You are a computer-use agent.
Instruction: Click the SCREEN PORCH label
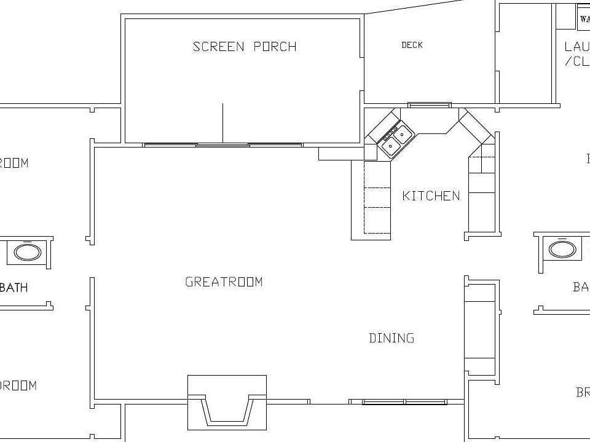click(x=245, y=47)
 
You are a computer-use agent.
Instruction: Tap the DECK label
click(x=412, y=45)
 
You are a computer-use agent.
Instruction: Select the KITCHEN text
click(x=431, y=196)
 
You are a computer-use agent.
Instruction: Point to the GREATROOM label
click(x=224, y=282)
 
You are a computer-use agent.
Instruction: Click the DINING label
click(x=391, y=338)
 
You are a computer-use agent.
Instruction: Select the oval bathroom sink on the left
click(x=28, y=252)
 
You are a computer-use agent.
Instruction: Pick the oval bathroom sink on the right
click(x=562, y=249)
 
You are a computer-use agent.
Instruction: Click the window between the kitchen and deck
click(x=430, y=105)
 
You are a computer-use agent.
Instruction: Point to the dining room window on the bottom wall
click(x=404, y=402)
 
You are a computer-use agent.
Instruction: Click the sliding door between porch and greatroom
click(x=222, y=145)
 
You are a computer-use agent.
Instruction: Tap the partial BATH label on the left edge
click(x=14, y=288)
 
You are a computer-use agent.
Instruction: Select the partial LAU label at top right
click(x=576, y=47)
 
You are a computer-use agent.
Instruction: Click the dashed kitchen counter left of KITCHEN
click(x=377, y=198)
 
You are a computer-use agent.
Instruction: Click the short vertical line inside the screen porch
click(x=222, y=122)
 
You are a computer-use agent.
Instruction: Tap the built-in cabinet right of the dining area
click(x=479, y=330)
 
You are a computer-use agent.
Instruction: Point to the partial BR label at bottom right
click(x=582, y=392)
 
